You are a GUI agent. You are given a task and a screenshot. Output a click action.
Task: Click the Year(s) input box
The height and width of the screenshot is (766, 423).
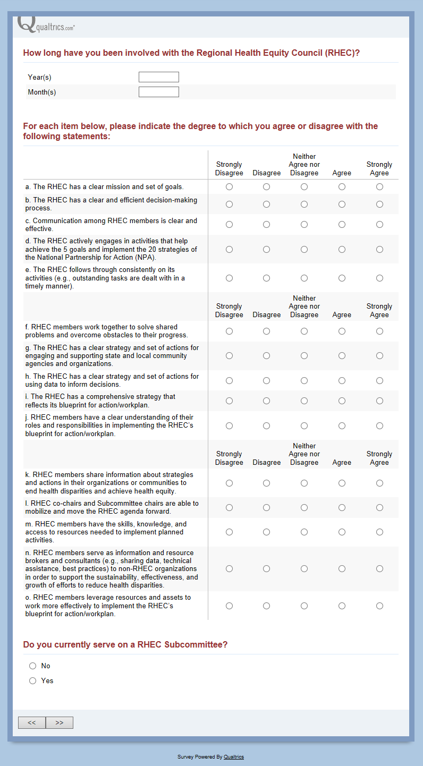pos(158,77)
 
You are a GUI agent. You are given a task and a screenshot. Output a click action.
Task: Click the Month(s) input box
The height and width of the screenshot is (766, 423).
pos(158,92)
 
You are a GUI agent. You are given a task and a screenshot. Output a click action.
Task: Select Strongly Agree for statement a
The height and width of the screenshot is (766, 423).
pos(379,187)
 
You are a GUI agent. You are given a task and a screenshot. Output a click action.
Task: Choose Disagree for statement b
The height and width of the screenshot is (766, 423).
pos(266,204)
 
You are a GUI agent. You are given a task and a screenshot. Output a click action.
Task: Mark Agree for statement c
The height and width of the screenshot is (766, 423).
pos(342,225)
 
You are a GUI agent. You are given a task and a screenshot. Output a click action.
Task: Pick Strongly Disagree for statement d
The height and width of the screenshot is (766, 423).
pos(229,249)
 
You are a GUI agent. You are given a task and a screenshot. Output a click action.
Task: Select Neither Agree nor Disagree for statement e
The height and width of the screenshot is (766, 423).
pos(304,278)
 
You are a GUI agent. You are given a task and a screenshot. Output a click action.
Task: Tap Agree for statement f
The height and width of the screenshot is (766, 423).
pos(342,331)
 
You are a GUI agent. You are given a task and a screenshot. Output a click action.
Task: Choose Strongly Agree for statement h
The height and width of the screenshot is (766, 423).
pos(379,380)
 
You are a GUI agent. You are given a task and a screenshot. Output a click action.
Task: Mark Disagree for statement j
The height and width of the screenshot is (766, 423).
pos(266,425)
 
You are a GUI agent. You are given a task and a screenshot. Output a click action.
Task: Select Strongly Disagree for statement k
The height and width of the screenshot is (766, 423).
pos(229,483)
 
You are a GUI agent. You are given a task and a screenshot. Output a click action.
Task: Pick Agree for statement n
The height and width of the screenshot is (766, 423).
pos(342,568)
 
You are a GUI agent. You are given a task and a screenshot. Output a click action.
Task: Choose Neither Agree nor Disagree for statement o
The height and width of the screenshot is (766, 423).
pos(304,606)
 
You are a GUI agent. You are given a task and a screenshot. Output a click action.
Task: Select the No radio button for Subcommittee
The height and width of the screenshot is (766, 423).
pos(33,666)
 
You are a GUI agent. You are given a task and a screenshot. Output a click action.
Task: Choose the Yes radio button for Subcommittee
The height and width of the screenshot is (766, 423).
pos(33,680)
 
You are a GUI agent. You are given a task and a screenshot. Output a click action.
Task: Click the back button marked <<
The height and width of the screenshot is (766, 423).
pos(32,722)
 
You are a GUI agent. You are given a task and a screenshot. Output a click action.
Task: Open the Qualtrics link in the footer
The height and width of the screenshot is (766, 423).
pos(234,757)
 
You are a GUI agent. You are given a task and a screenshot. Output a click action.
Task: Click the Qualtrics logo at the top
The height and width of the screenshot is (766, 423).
pos(46,25)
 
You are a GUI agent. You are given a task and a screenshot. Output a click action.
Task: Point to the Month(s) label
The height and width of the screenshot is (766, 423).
pos(42,92)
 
